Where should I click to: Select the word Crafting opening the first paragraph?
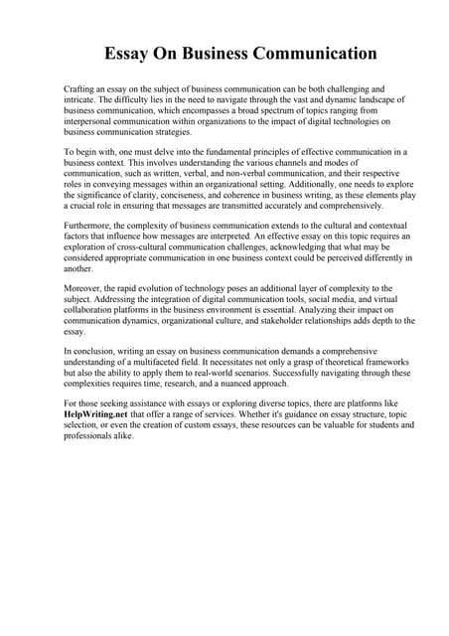click(80, 88)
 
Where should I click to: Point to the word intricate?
click(82, 99)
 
